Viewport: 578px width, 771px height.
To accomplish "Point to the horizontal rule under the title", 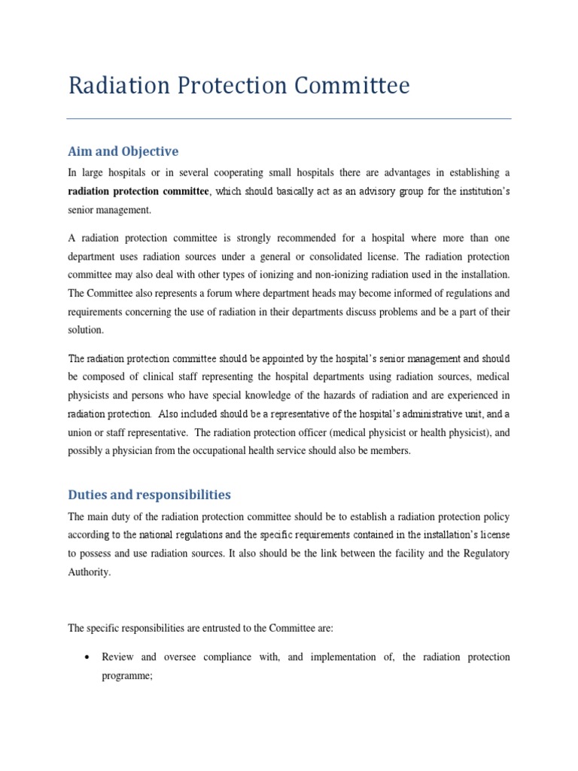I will (x=289, y=118).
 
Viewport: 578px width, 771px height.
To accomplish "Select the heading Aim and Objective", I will (x=123, y=151).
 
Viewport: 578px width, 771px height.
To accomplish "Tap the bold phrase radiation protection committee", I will (x=138, y=191).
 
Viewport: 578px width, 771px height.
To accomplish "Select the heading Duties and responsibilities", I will (x=150, y=495).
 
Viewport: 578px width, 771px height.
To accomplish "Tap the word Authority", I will (x=89, y=571).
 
